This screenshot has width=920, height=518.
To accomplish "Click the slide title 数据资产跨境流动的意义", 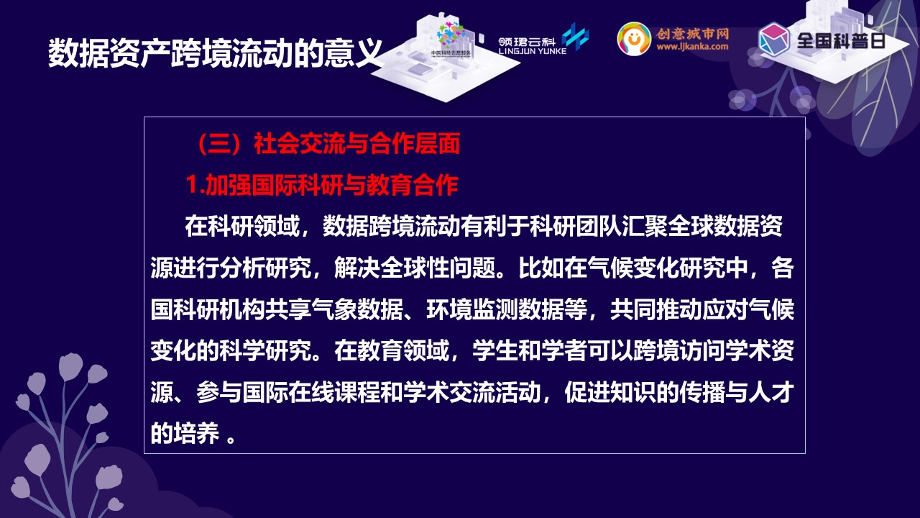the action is tap(215, 53).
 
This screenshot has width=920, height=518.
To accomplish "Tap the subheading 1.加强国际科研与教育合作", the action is tap(322, 185).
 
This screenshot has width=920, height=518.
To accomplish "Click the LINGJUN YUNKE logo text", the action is tap(533, 51).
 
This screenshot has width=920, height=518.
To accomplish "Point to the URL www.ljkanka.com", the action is tap(692, 46).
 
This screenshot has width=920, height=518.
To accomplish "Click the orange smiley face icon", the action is tap(634, 39).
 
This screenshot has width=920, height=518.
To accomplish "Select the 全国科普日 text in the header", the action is tap(841, 41).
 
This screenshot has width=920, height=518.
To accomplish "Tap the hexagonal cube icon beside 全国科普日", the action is tap(774, 39).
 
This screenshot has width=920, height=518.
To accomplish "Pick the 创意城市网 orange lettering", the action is tap(692, 34).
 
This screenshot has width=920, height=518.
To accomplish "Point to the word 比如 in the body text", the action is tap(541, 268).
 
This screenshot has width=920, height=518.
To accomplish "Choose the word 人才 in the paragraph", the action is tap(770, 392).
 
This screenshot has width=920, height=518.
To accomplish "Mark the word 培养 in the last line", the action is tap(196, 433).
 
